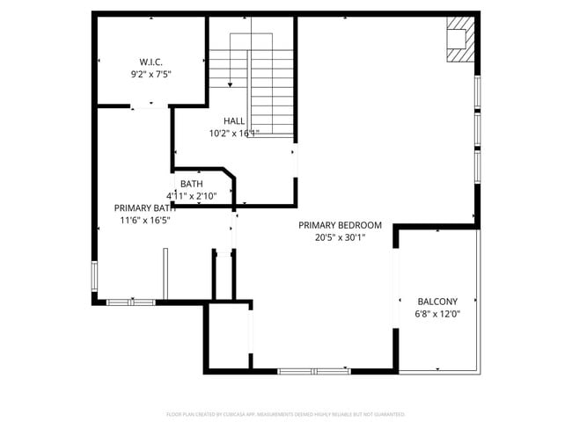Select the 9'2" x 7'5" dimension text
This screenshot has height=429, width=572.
[150, 75]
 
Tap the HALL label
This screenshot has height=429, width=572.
[234, 121]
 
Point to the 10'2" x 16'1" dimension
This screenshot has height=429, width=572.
[234, 134]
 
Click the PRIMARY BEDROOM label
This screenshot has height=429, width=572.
[340, 225]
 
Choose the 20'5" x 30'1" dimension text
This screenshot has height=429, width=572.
[340, 237]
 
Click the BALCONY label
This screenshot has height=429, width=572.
[437, 301]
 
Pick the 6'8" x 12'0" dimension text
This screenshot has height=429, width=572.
[437, 314]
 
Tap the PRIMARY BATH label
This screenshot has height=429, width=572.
[144, 208]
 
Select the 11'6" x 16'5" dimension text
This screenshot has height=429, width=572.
[144, 221]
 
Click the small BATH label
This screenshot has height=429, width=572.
[191, 184]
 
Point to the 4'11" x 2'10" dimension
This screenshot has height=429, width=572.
[191, 196]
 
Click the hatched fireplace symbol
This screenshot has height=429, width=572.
[459, 40]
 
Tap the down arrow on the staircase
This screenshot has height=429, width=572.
[231, 84]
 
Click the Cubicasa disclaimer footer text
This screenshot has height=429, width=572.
[286, 413]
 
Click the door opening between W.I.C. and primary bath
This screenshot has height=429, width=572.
[150, 106]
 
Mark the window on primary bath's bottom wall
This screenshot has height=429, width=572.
[130, 302]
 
